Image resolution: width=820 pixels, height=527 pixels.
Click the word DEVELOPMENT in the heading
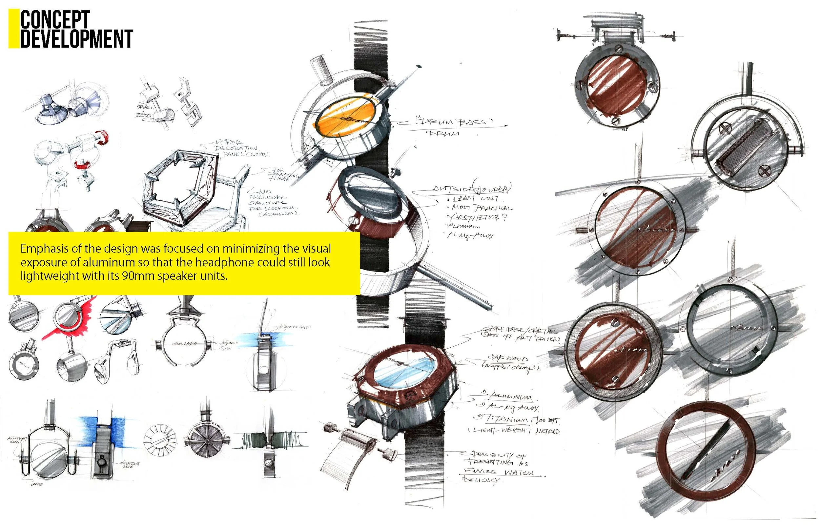coord(76,39)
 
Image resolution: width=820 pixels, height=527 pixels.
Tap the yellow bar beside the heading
coord(14,29)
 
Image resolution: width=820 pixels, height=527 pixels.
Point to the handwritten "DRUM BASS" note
coord(455,122)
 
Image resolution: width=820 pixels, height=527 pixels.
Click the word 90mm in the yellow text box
coord(137,276)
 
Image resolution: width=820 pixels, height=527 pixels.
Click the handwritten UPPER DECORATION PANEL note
coord(236,148)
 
